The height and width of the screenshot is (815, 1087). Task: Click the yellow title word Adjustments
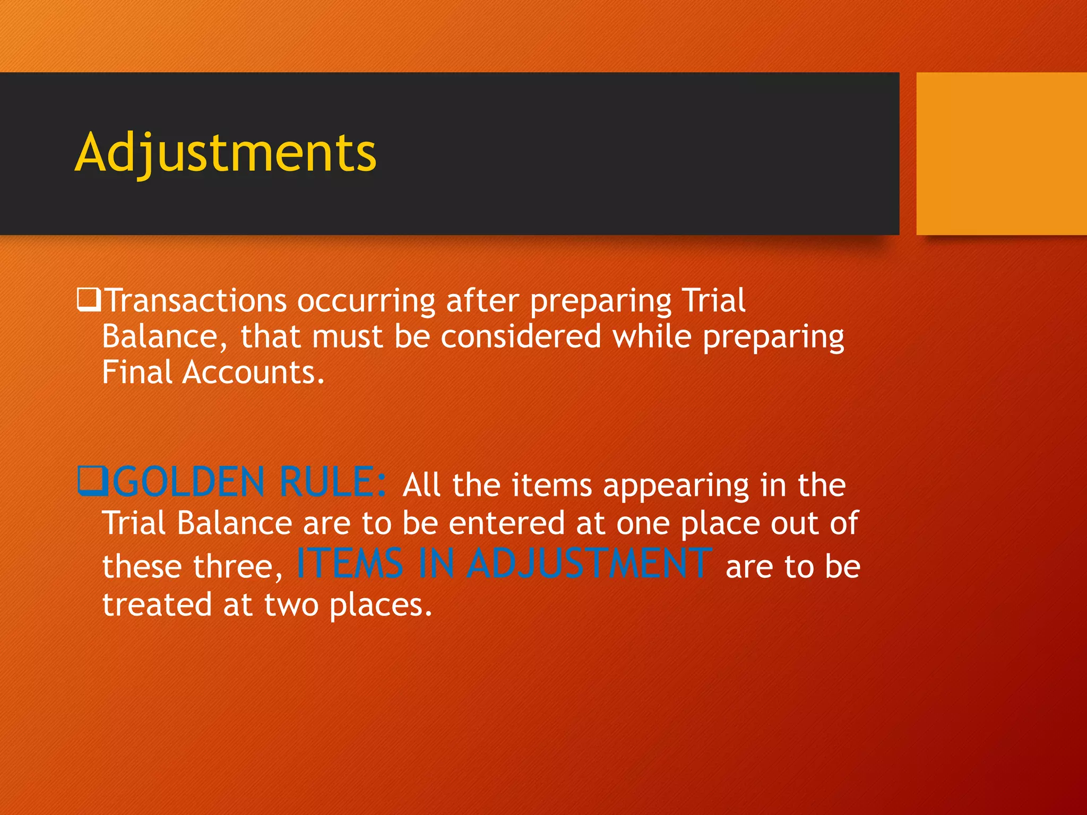click(x=226, y=153)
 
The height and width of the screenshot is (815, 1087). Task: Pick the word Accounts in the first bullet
click(x=253, y=372)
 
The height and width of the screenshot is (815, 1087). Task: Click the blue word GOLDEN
click(x=188, y=482)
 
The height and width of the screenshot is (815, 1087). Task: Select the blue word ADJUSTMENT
click(x=589, y=563)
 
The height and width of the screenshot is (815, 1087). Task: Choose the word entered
click(x=507, y=524)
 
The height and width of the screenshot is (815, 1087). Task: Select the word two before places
click(x=291, y=605)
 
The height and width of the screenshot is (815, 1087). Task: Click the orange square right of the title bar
click(x=1001, y=153)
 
